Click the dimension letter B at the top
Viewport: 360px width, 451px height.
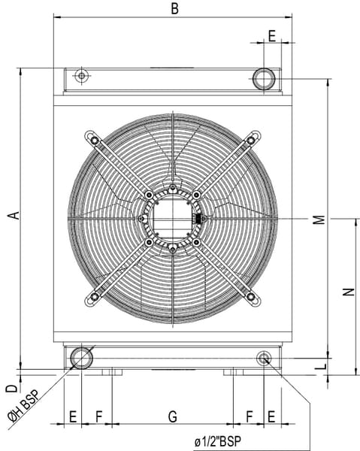click(174, 8)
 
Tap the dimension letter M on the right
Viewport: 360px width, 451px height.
click(319, 219)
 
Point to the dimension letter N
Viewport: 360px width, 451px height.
click(349, 292)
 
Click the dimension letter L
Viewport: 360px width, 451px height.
click(323, 367)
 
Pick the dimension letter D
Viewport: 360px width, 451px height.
click(12, 389)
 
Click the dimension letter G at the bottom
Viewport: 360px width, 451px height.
click(173, 416)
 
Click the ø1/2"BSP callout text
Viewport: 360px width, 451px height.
click(217, 441)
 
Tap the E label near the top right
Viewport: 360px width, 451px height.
click(272, 36)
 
